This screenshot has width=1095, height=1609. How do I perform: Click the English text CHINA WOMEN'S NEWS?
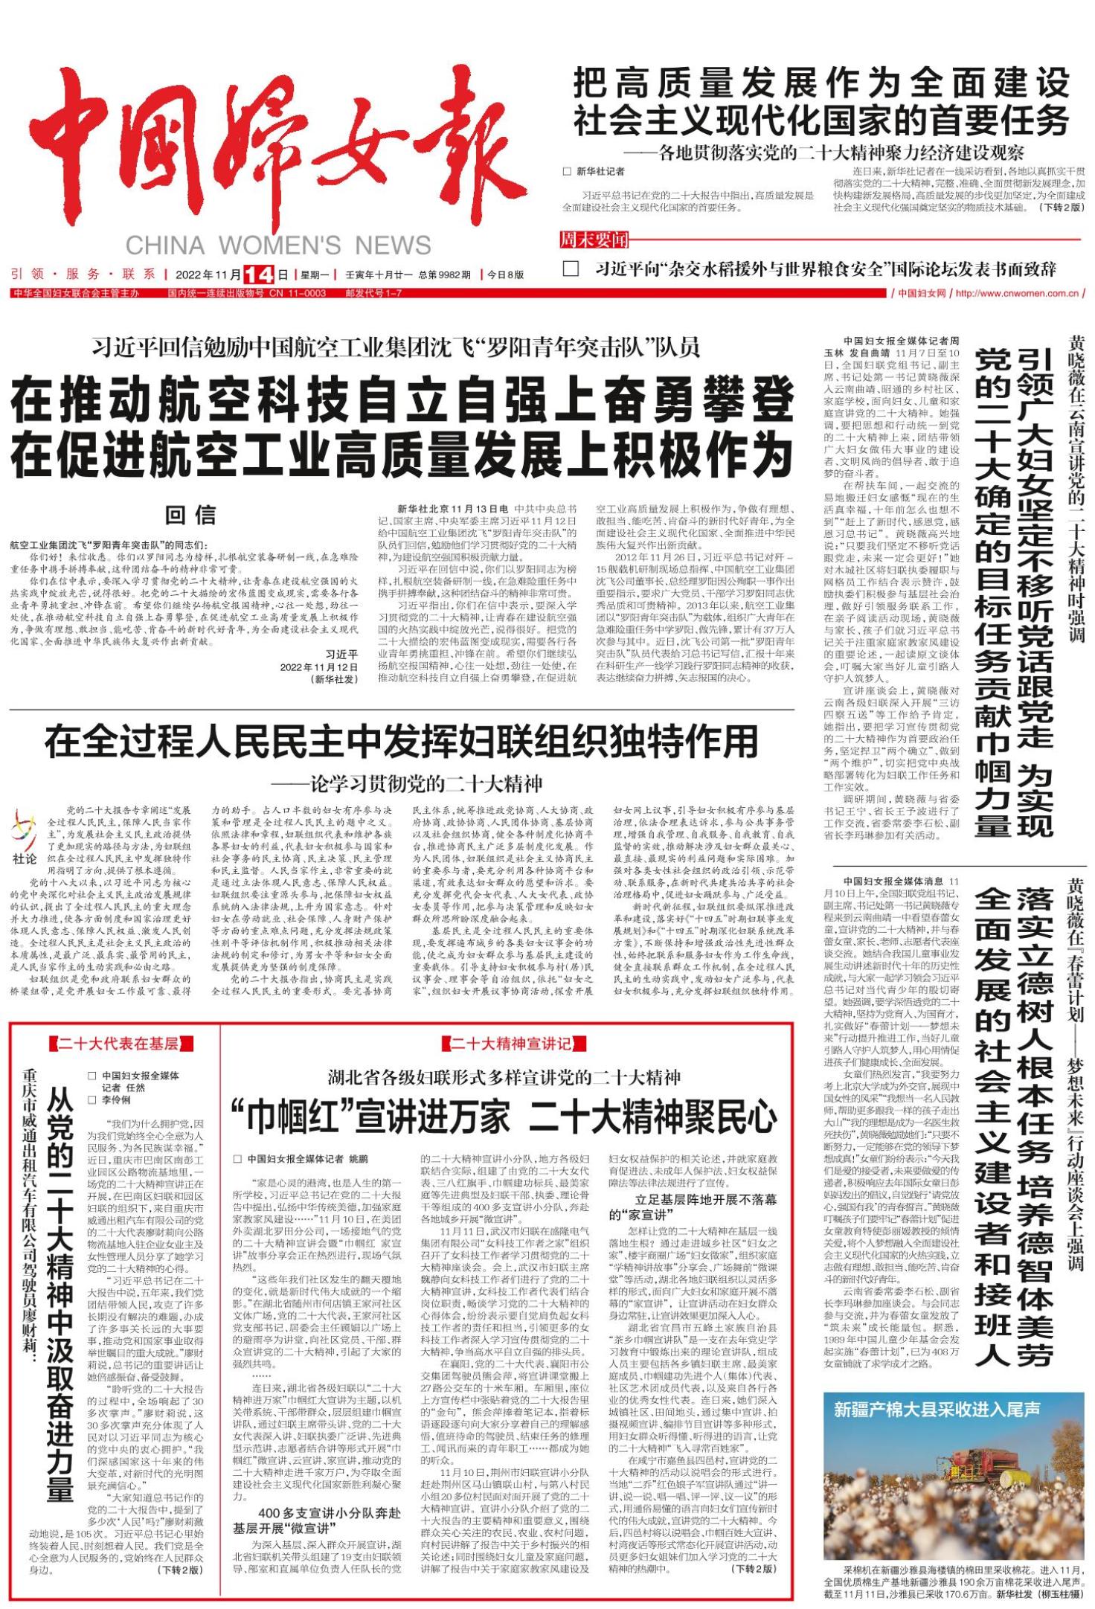[278, 245]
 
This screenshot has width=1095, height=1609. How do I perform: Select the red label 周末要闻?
[594, 240]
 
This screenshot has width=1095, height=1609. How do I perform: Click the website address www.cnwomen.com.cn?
[1017, 293]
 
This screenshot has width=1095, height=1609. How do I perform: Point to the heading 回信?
[190, 515]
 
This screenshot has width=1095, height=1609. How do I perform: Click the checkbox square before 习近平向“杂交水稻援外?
[571, 269]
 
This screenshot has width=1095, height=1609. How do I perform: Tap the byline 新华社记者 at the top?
[602, 171]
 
